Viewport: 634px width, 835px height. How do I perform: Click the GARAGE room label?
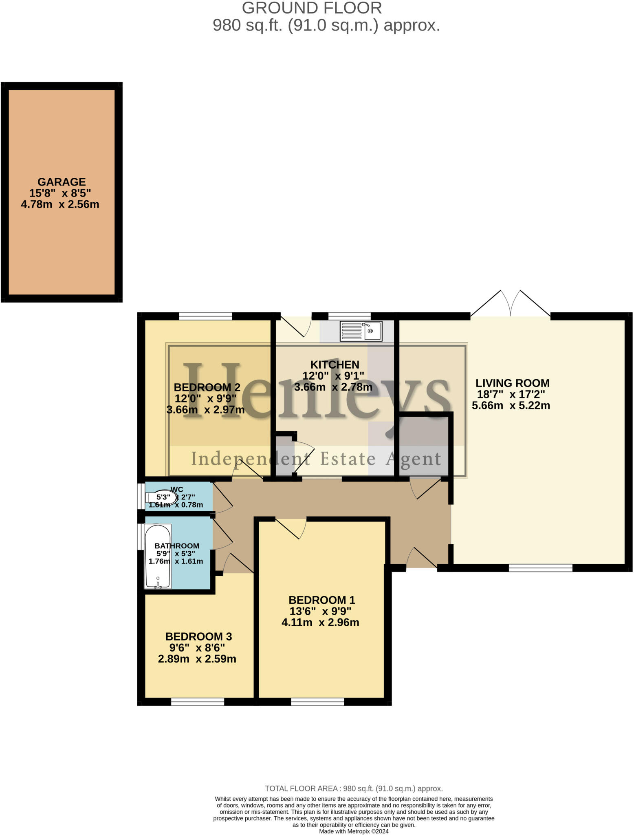[62, 182]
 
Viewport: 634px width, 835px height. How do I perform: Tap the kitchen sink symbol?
[361, 331]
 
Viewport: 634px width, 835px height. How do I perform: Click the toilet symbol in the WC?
[162, 497]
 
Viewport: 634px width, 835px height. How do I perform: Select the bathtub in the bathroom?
[158, 557]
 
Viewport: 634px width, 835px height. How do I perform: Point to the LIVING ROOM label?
[512, 383]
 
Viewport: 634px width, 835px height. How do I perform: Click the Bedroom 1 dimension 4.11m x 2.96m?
[320, 623]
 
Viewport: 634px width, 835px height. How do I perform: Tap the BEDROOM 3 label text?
[198, 636]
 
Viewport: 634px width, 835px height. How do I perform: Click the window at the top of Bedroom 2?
[205, 316]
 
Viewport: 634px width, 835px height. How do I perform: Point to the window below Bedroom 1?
[317, 702]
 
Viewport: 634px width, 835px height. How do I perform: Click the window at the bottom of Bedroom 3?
[198, 702]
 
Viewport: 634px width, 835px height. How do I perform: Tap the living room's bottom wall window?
[540, 568]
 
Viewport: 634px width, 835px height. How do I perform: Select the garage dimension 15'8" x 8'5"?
[60, 193]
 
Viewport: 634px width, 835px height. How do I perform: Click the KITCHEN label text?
[335, 364]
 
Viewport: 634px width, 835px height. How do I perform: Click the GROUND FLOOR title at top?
[312, 8]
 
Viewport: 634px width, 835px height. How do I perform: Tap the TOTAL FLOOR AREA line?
[353, 789]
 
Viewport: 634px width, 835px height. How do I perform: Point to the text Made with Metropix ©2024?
[353, 831]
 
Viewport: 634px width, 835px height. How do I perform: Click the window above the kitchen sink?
[349, 316]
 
